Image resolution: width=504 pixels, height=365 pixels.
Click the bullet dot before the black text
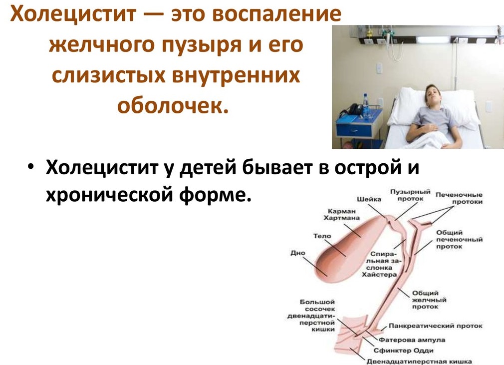[30, 168]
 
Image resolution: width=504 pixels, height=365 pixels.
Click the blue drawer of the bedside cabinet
[354, 130]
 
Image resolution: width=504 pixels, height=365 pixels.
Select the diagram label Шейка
[369, 199]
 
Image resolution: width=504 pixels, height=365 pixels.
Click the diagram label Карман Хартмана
[341, 215]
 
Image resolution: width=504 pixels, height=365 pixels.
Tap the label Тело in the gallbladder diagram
[322, 236]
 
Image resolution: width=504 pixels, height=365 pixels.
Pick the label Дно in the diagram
[297, 253]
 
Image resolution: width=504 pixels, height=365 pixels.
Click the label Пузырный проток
[410, 195]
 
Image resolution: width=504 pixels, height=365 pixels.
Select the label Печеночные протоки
[459, 198]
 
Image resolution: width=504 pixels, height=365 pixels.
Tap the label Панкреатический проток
[436, 326]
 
